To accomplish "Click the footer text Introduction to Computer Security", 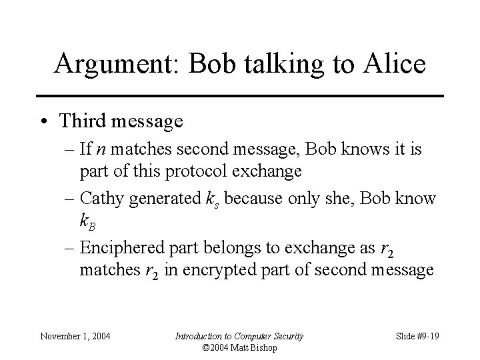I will tap(239, 336).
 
